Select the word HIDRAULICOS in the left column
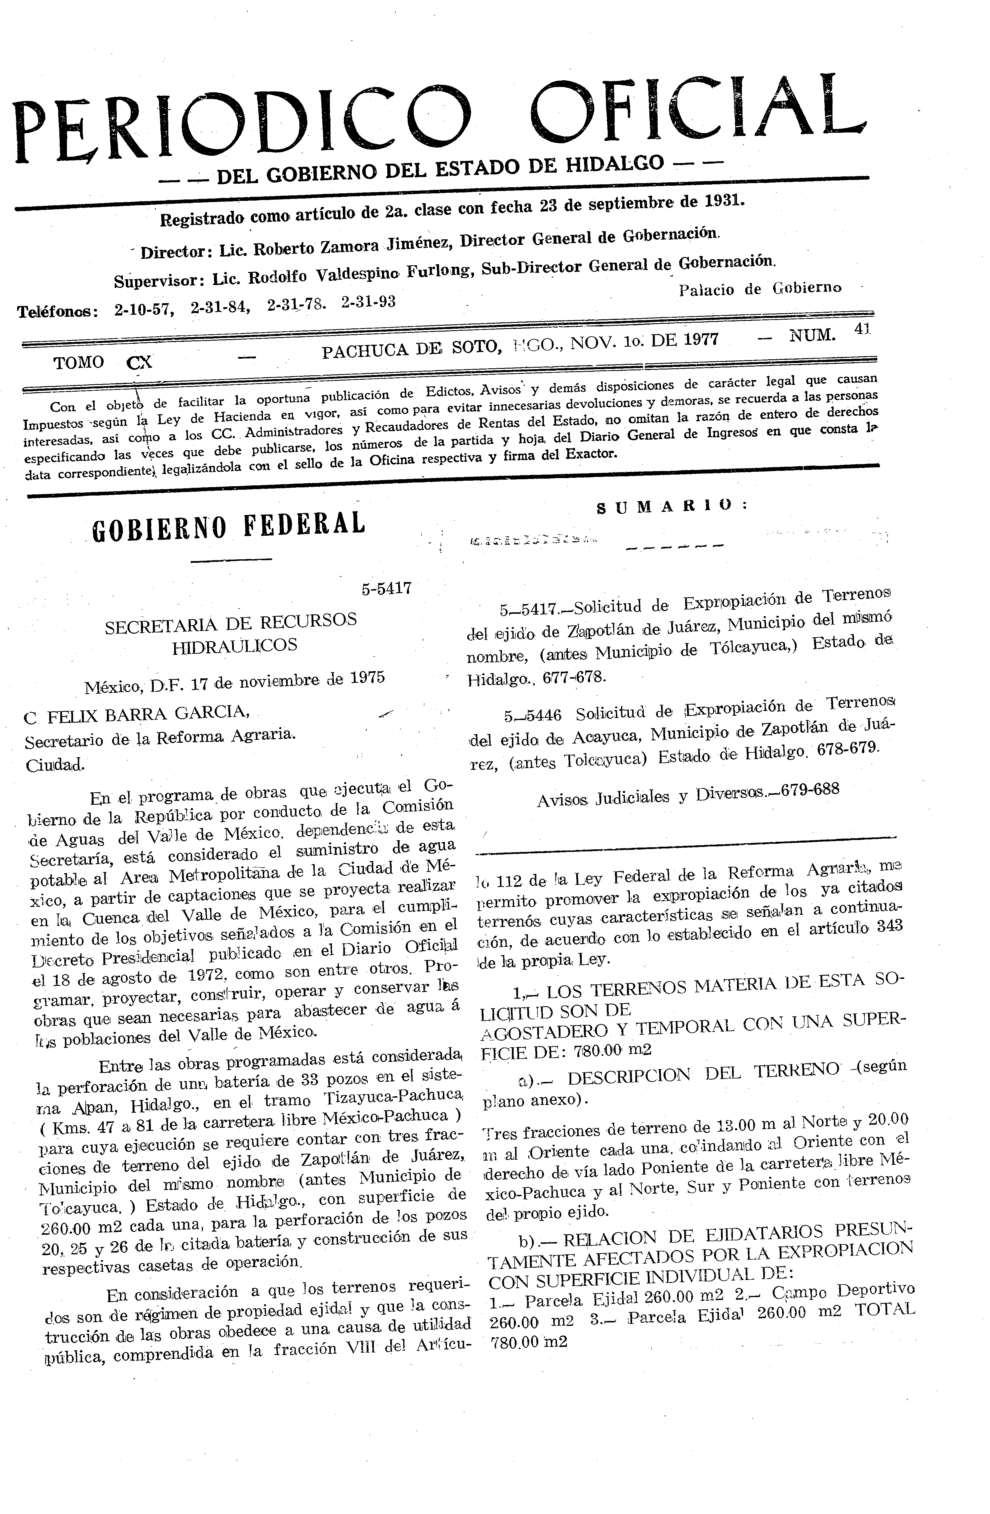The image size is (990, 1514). [x=234, y=646]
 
